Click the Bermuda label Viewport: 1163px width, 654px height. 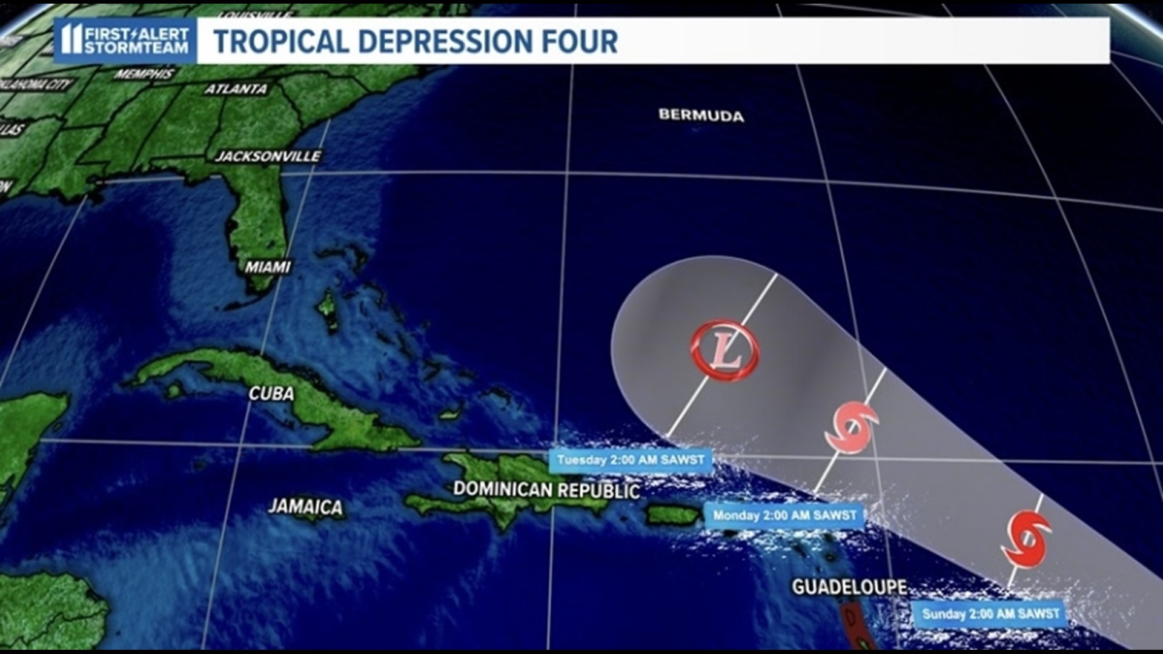point(701,115)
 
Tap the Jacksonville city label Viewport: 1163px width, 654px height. point(268,156)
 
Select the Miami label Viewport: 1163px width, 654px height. point(268,267)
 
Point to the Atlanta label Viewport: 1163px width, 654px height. point(236,89)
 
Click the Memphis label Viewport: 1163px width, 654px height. point(144,74)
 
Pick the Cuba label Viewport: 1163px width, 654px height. point(271,394)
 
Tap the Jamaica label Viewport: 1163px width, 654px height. point(305,506)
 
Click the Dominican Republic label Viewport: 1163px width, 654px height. point(546,490)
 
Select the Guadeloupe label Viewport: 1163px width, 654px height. point(849,587)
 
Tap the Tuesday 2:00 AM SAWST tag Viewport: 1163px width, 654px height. point(631,460)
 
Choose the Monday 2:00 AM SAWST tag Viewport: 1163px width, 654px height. point(784,516)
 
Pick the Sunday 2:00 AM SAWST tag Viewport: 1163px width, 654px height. point(990,614)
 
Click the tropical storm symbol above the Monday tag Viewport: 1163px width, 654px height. point(852,428)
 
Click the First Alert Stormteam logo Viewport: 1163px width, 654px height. point(125,41)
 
